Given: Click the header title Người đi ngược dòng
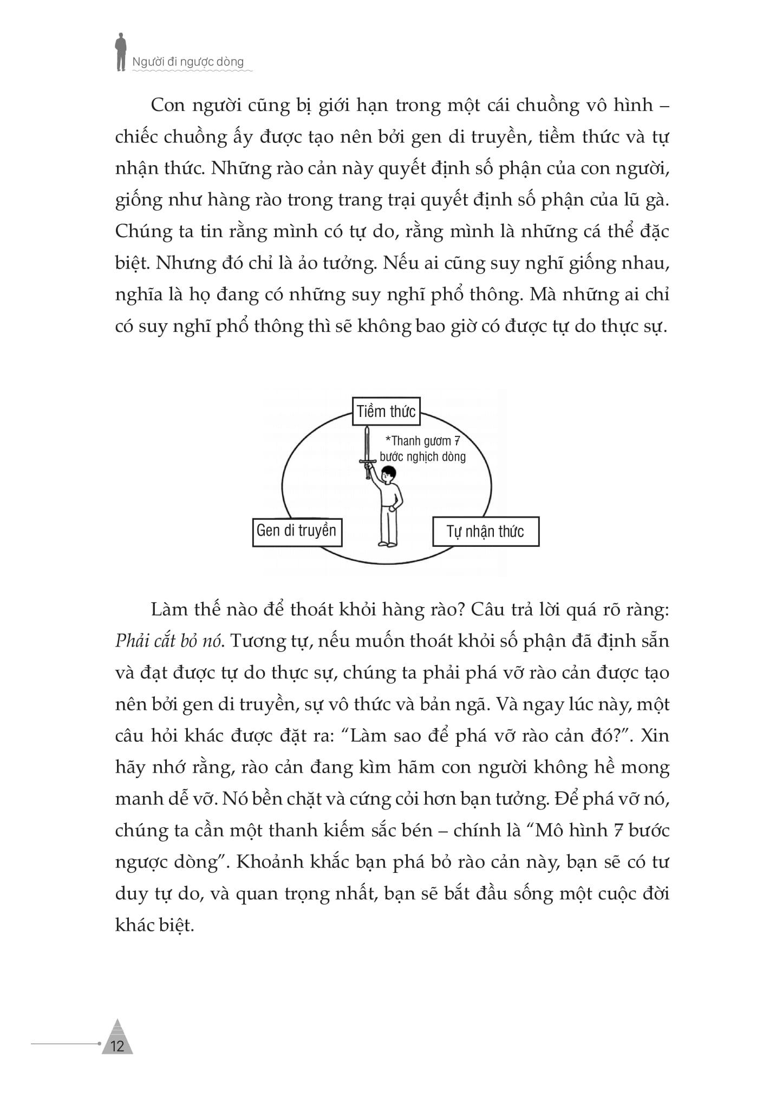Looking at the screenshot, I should point(187,62).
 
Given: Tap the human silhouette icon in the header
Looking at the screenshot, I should point(121,51).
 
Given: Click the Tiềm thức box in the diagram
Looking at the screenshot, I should point(386,412).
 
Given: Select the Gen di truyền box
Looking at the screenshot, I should point(297,531).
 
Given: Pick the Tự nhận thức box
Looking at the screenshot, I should point(485,531).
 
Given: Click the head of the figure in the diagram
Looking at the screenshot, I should point(390,476).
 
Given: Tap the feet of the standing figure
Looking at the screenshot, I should point(388,543).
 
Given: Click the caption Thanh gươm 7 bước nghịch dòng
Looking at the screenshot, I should point(423,449).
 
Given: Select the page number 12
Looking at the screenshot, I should point(118,1046).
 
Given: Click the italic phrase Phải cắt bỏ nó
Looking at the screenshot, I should point(168,641).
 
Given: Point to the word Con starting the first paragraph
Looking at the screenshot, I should point(168,105).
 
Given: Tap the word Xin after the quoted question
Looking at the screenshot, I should point(654,736).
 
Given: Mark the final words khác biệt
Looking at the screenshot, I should point(154,925).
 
